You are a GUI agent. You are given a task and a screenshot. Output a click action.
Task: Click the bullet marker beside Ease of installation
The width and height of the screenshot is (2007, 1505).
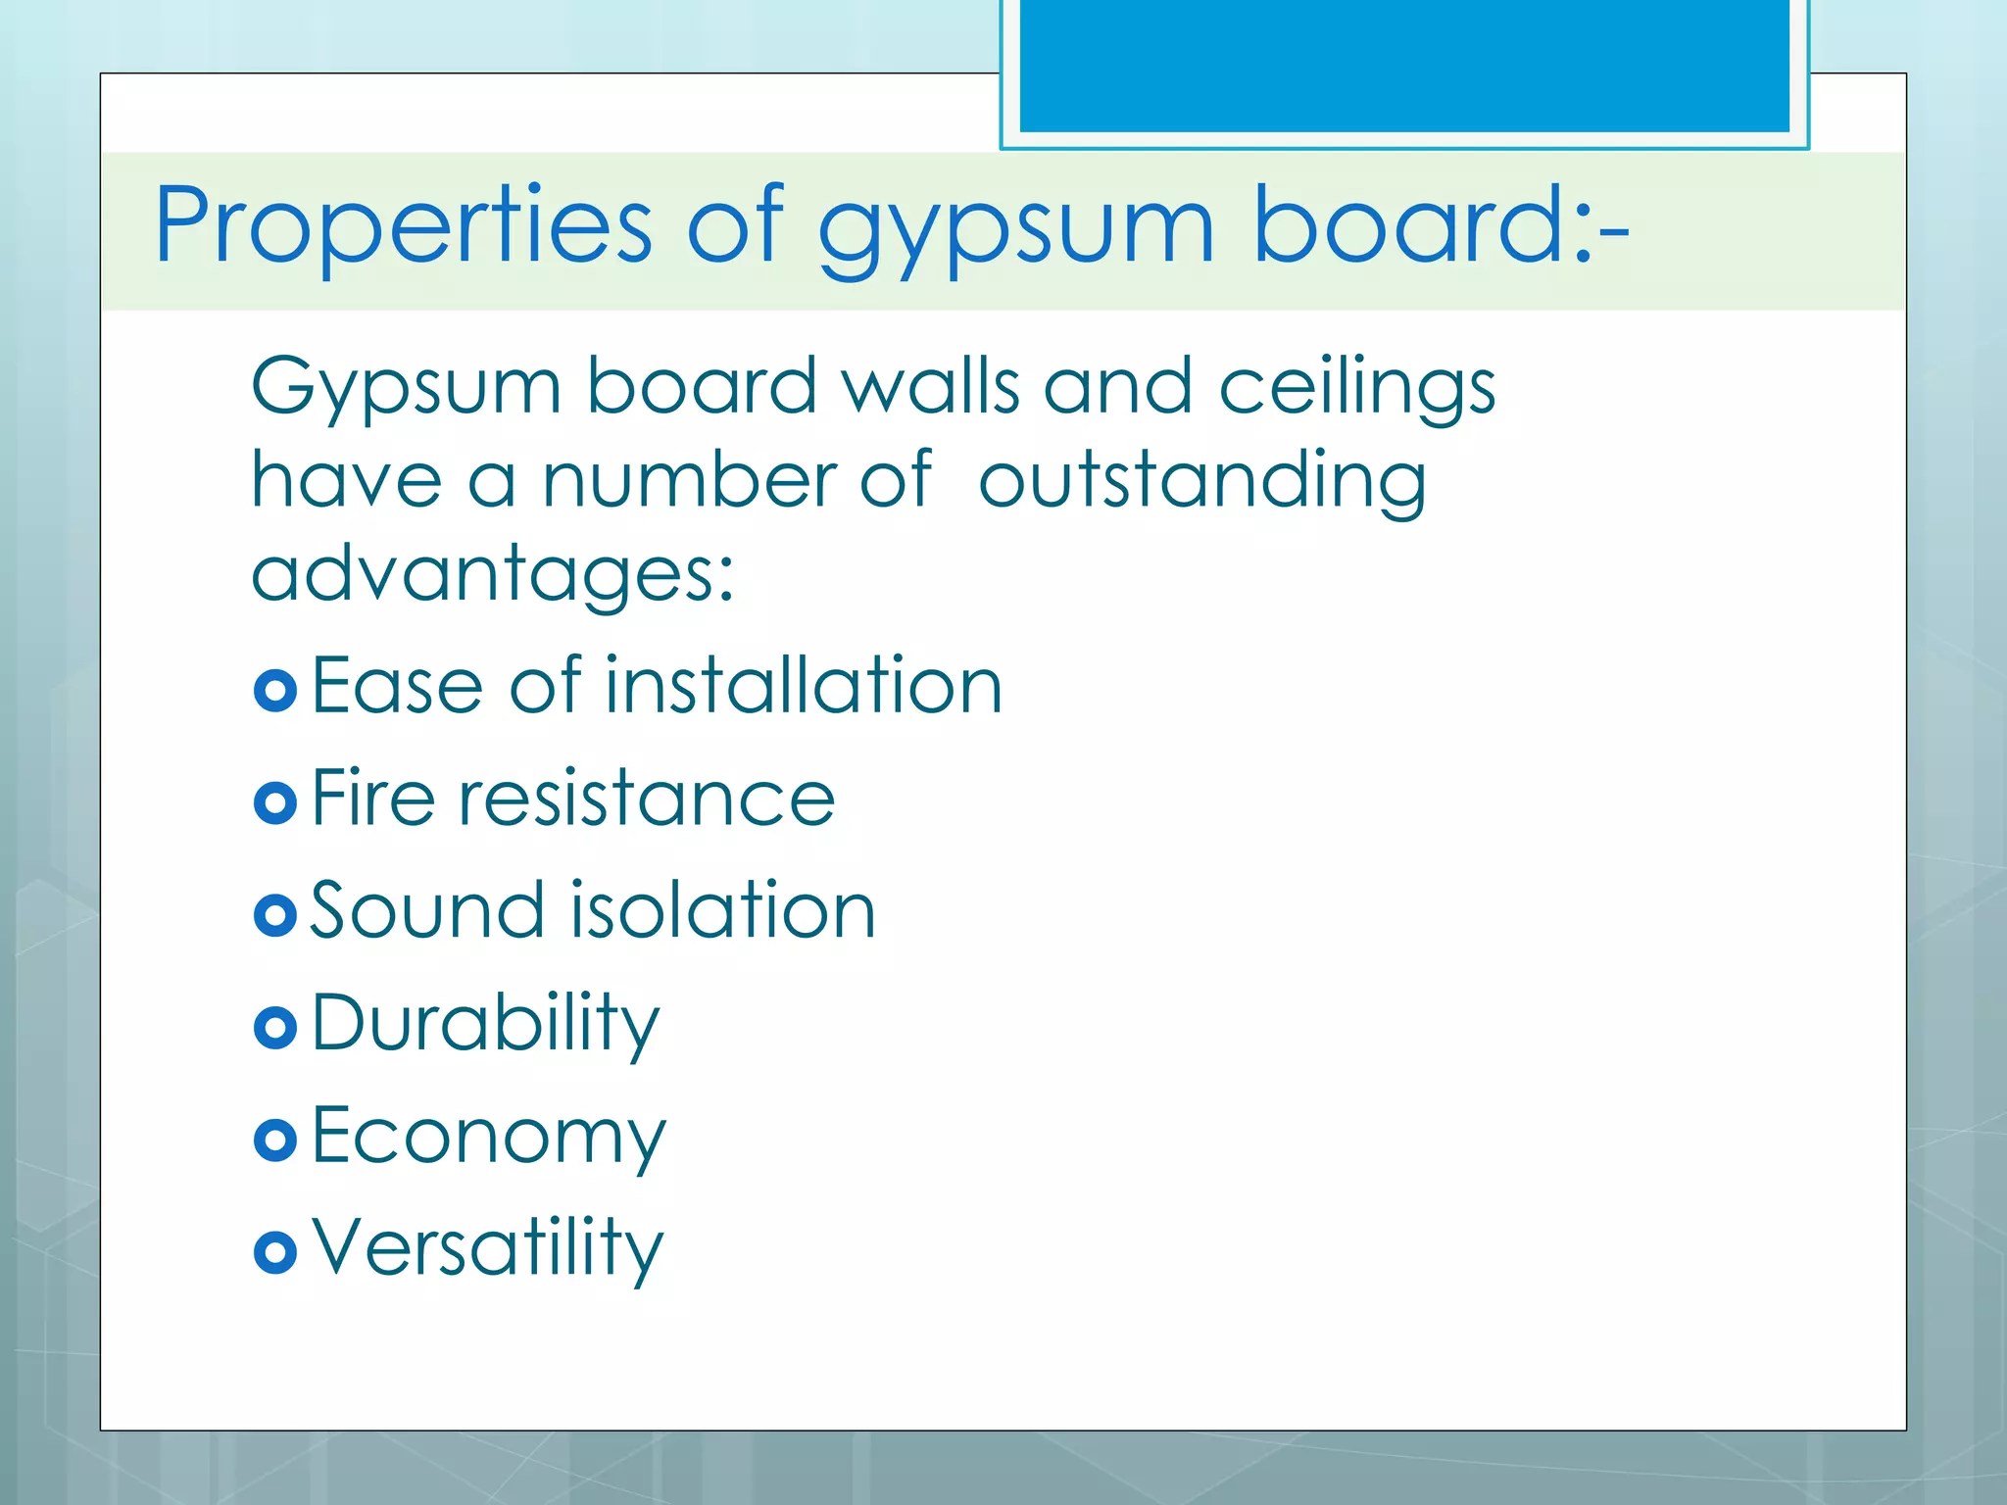click(274, 690)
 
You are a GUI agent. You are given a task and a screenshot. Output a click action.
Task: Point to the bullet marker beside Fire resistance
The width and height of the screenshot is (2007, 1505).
click(274, 802)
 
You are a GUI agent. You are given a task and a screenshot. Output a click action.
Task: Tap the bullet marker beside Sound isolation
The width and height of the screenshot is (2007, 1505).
click(274, 915)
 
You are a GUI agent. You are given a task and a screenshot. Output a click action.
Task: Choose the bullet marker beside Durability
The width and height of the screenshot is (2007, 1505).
click(274, 1028)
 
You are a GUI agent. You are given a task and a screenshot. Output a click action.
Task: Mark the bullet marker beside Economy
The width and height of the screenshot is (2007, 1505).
click(274, 1140)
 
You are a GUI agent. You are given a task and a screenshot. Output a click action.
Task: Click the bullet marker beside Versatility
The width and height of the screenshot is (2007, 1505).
click(274, 1252)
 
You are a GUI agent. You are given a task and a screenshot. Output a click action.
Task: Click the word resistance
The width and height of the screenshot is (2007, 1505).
click(647, 799)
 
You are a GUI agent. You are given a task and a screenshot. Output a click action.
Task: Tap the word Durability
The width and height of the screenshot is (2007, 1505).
click(486, 1025)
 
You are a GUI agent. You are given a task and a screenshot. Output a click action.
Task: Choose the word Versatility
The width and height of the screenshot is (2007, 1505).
click(487, 1249)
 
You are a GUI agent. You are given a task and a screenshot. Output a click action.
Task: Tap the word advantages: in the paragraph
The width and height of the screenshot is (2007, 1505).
click(493, 576)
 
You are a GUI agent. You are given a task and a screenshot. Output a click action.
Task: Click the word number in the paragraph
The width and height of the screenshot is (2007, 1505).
click(688, 480)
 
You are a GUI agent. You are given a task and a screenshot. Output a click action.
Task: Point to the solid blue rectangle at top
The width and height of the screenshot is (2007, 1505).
click(1404, 66)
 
